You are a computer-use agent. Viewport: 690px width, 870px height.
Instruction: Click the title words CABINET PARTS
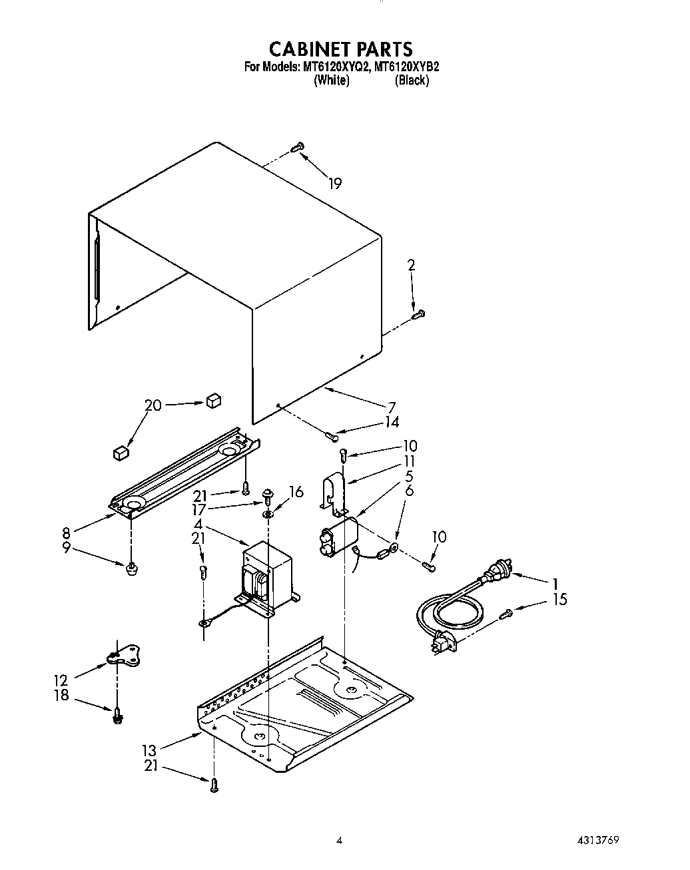340,49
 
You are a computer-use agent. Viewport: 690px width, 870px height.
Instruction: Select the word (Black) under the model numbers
412,81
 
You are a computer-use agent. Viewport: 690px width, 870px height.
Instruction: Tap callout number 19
335,184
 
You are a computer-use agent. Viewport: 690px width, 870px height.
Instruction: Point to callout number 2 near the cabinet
411,265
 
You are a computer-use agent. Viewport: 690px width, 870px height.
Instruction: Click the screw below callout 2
418,314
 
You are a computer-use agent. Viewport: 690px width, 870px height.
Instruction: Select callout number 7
392,407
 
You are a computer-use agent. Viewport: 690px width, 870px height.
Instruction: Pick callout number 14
392,422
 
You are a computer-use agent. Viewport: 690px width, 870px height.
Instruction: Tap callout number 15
559,599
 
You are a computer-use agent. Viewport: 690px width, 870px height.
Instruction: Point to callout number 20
153,405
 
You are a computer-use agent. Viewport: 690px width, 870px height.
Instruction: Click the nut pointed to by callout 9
132,568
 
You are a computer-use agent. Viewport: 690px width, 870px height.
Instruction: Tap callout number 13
149,750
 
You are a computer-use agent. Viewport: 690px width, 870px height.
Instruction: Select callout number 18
61,695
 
